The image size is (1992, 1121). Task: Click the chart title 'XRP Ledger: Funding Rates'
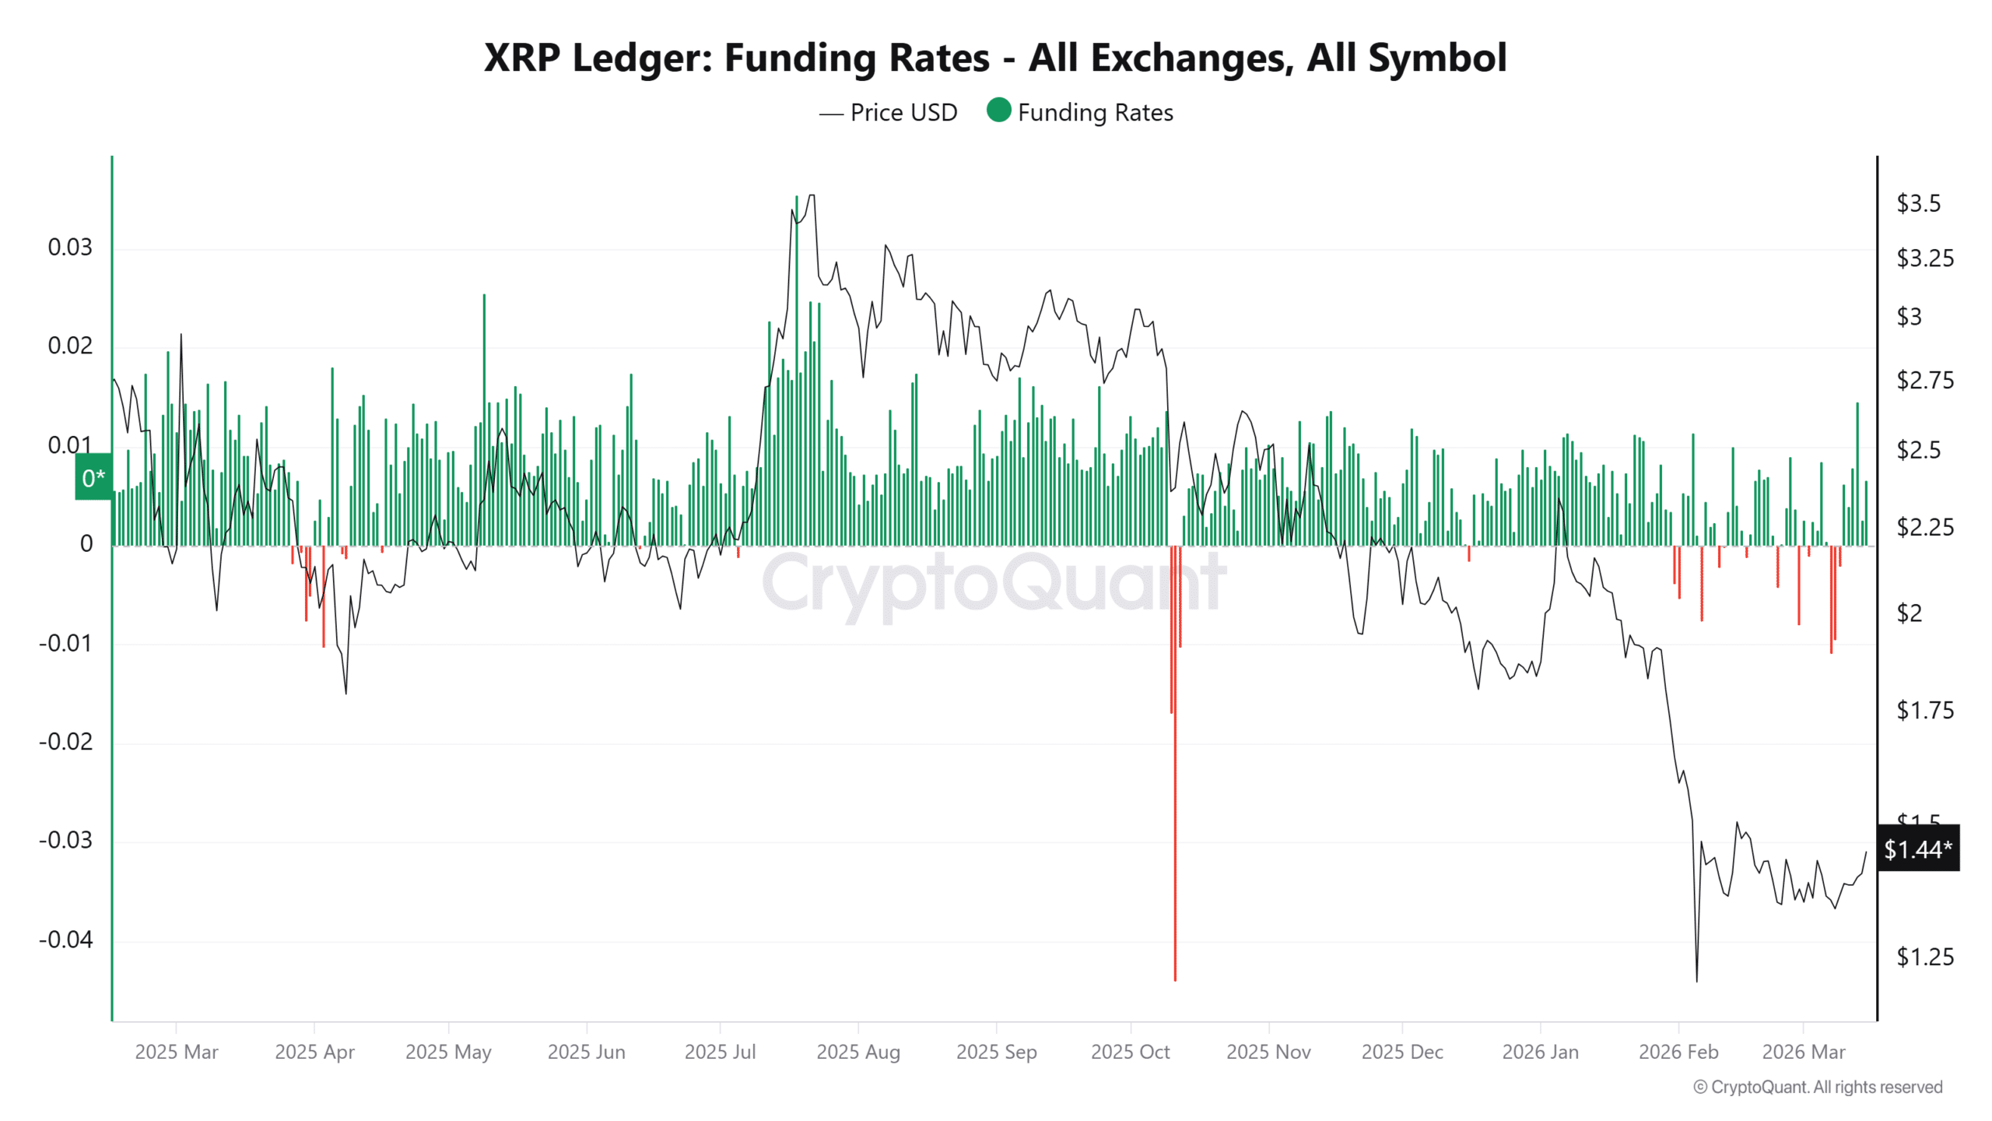click(x=994, y=58)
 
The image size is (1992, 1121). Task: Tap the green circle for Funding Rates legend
click(x=998, y=111)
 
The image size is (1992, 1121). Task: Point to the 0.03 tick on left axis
click(x=70, y=248)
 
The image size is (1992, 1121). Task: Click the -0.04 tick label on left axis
click(x=65, y=940)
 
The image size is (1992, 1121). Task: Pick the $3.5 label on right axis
click(x=1918, y=203)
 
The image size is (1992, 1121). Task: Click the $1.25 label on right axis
click(x=1924, y=957)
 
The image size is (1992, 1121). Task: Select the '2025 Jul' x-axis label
click(x=720, y=1052)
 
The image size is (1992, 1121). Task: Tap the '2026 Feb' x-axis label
click(x=1678, y=1052)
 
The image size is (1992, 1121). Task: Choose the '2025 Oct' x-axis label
click(x=1130, y=1052)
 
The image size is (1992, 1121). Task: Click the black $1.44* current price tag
click(x=1917, y=849)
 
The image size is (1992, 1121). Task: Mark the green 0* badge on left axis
click(x=93, y=477)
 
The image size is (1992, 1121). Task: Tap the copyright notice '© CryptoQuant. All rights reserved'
click(x=1818, y=1087)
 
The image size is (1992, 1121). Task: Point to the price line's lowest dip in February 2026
click(x=1696, y=979)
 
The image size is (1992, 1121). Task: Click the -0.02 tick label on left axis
click(x=65, y=741)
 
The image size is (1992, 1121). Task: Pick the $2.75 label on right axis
click(x=1924, y=380)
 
